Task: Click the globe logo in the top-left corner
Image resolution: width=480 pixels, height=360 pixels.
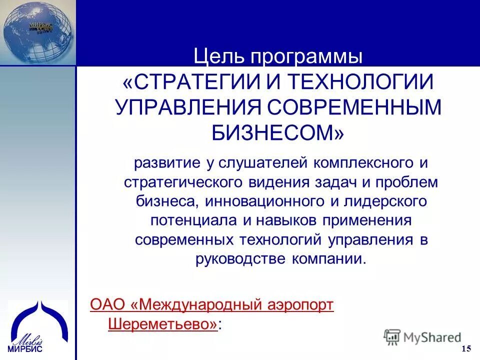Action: (37, 31)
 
